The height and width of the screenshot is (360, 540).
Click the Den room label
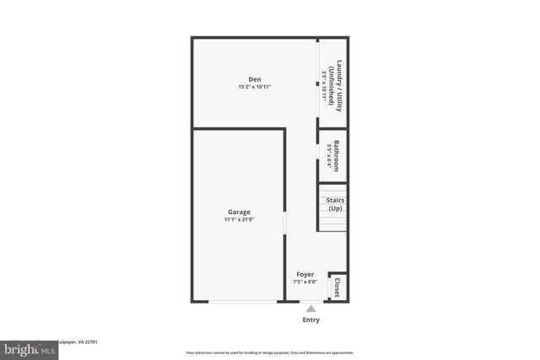pos(254,79)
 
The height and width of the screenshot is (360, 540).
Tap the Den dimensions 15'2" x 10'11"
pos(254,87)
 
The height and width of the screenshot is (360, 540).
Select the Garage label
pos(239,212)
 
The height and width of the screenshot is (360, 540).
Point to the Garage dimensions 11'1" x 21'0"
pos(239,219)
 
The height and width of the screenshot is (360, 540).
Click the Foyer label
pos(305,275)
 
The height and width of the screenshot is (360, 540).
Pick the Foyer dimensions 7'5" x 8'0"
pos(305,282)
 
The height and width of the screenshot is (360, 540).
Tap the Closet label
pos(337,287)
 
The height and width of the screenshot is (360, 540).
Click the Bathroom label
pos(337,155)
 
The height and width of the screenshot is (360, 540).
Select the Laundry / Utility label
pos(339,84)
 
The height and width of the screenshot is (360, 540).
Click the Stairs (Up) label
pos(336,204)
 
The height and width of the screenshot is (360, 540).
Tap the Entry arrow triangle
pos(310,309)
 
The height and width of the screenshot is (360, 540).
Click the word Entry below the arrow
pos(310,320)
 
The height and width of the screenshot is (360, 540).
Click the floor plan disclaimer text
pos(270,352)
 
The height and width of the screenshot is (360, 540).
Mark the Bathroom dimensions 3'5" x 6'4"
pos(328,155)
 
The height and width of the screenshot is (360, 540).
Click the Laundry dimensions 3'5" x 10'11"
pos(323,84)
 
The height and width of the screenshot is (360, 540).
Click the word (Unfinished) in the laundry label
pos(332,84)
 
